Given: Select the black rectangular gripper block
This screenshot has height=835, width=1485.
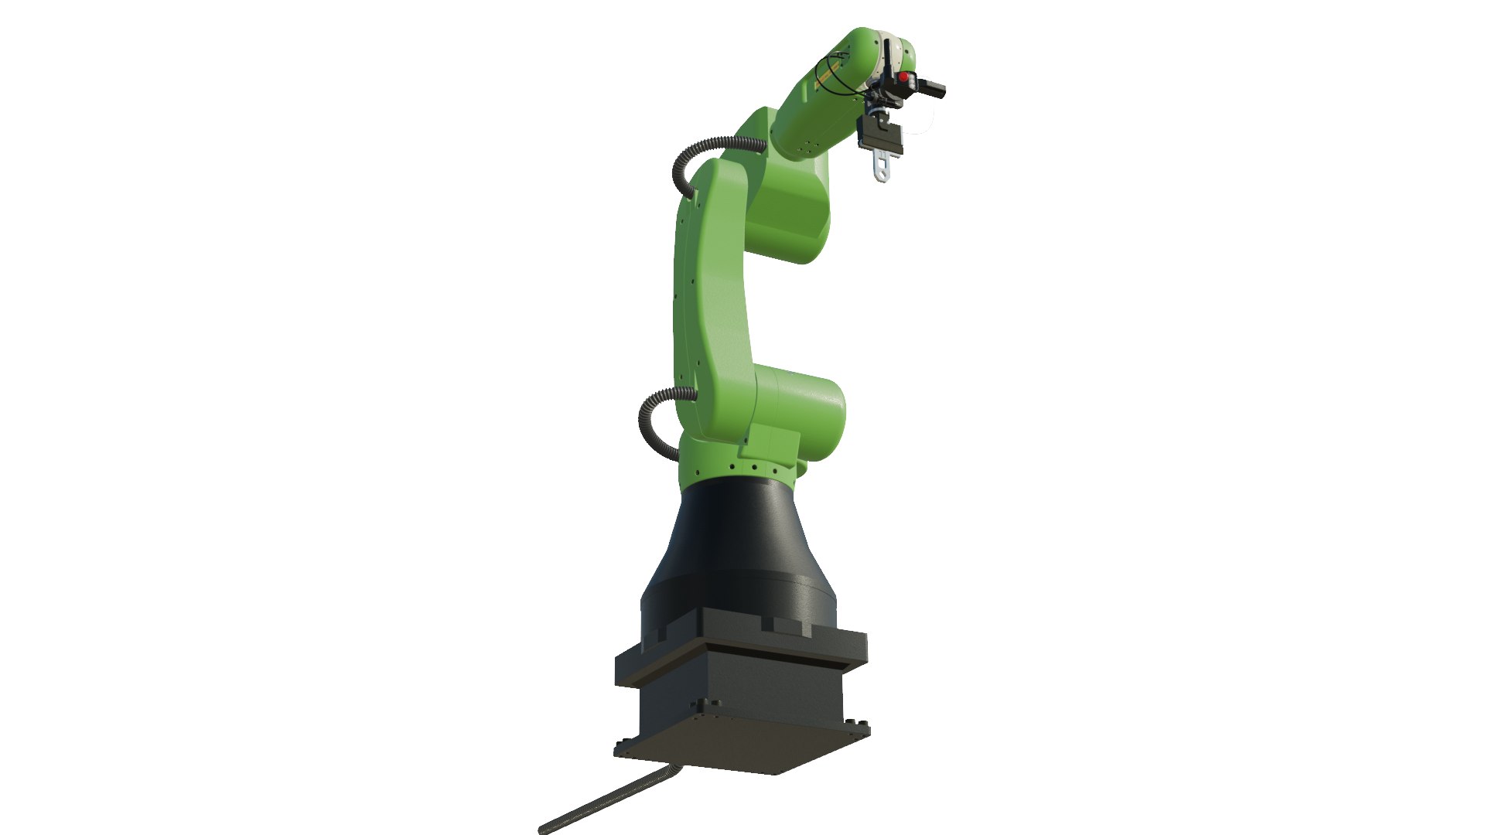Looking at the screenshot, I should [882, 136].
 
